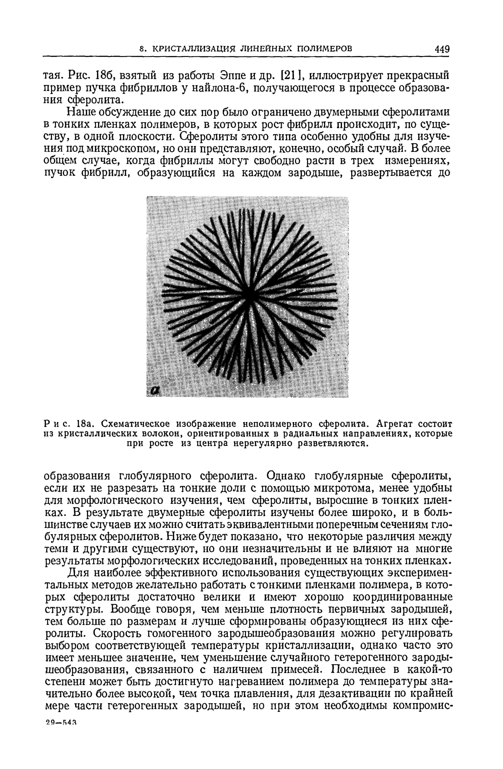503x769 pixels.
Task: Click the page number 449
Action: [442, 49]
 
